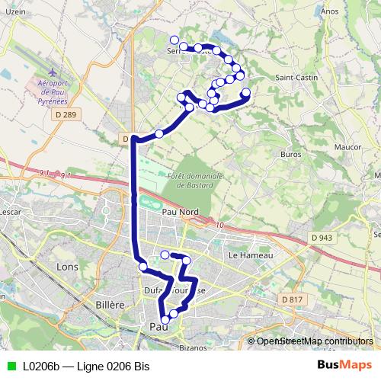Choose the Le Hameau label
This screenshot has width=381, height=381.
coord(251,255)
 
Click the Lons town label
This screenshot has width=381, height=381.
coord(67,267)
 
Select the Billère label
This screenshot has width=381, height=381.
coord(110,304)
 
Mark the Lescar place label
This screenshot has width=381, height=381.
coord(10,211)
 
